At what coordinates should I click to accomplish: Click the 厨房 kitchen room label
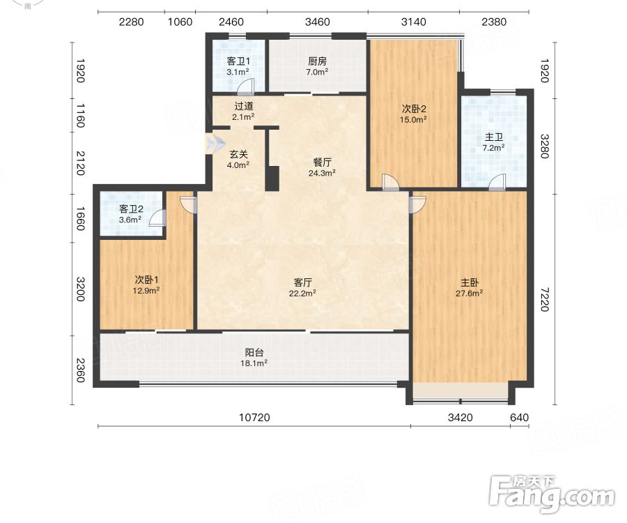click(317, 61)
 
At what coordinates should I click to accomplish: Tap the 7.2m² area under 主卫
click(493, 148)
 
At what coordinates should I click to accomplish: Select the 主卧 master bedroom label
click(469, 283)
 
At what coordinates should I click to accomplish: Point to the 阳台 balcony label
click(254, 353)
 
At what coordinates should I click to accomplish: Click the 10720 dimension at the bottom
click(254, 418)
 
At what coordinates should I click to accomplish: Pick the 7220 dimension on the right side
click(545, 299)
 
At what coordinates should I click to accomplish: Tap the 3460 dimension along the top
click(318, 22)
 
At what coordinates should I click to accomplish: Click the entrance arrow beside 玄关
click(215, 142)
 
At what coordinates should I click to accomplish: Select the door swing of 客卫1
click(246, 86)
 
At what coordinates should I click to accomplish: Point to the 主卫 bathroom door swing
click(497, 183)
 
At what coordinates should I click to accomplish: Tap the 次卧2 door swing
click(390, 183)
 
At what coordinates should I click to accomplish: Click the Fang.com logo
click(552, 494)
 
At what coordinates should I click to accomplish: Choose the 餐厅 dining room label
click(322, 162)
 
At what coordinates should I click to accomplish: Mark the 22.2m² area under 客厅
click(303, 294)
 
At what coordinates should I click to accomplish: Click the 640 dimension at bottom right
click(520, 418)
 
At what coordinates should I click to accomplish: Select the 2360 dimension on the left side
click(81, 370)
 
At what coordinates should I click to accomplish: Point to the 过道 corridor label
click(244, 107)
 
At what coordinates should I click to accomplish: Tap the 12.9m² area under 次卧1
click(146, 291)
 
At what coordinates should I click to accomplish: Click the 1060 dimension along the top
click(180, 22)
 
